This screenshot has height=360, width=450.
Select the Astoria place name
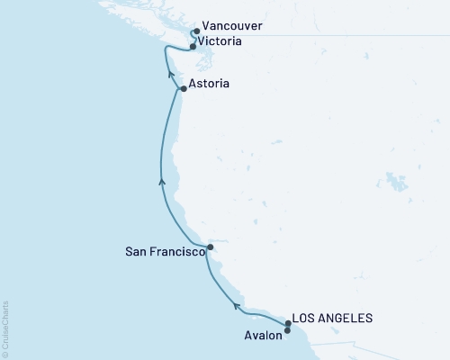pyautogui.click(x=211, y=84)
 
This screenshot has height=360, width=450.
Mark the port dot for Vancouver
pyautogui.click(x=196, y=31)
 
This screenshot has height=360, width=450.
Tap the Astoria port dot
pyautogui.click(x=184, y=89)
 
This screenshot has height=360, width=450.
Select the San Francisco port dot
pyautogui.click(x=210, y=247)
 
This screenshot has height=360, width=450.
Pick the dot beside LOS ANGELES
pyautogui.click(x=288, y=322)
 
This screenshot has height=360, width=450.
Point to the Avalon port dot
pyautogui.click(x=287, y=330)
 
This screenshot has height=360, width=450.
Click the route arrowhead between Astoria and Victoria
pyautogui.click(x=171, y=77)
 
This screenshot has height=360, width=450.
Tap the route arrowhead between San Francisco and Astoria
pyautogui.click(x=162, y=181)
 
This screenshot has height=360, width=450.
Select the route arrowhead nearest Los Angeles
pyautogui.click(x=237, y=306)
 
